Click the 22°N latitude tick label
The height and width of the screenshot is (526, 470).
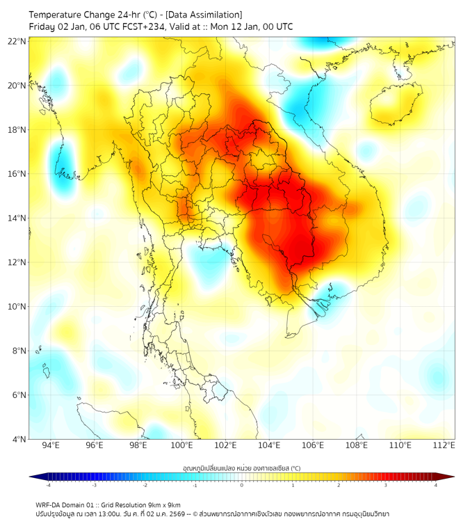17,41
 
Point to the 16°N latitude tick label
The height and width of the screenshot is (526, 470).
17,174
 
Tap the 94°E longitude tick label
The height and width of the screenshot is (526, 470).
51,445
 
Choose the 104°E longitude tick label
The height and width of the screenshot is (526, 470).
269,445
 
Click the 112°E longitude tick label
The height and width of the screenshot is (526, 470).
444,445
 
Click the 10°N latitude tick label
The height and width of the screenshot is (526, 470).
17,307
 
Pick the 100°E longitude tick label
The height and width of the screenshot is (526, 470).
182,445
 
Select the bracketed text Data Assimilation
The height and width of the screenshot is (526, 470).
203,15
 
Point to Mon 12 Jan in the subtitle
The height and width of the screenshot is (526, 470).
238,27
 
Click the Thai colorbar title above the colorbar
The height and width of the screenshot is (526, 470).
241,468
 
